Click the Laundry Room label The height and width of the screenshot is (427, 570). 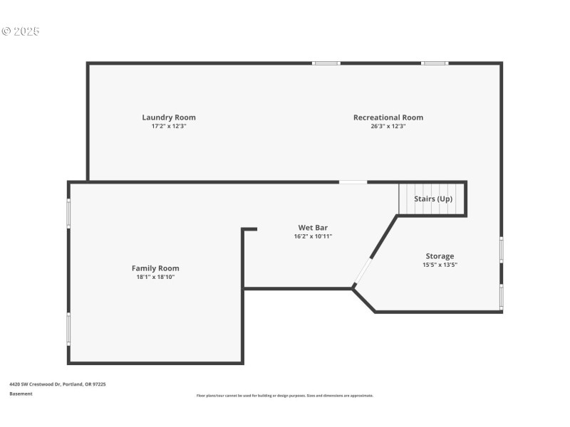pos(169,117)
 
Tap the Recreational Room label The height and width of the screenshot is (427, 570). pos(388,117)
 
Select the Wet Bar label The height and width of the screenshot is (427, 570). pos(313,228)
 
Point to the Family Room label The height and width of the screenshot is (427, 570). pos(155,268)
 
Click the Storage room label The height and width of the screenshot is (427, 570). pos(440,256)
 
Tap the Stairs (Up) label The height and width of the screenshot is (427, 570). pos(433,199)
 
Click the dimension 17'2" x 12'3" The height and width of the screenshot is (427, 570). pos(169,126)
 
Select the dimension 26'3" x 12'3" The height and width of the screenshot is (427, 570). pos(388,126)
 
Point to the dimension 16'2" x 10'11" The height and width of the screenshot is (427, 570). pos(313,236)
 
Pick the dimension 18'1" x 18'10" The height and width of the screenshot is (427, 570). pos(155,277)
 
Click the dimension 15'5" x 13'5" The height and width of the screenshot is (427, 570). pos(440,265)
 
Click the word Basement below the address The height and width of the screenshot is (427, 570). pos(21,394)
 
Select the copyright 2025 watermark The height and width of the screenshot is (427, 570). pos(21,31)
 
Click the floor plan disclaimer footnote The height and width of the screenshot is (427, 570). pos(285,396)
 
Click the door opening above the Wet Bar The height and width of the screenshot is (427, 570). pos(353,182)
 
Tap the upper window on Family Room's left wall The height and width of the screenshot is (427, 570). pos(69,213)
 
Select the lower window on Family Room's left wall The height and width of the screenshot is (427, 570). pos(69,329)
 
